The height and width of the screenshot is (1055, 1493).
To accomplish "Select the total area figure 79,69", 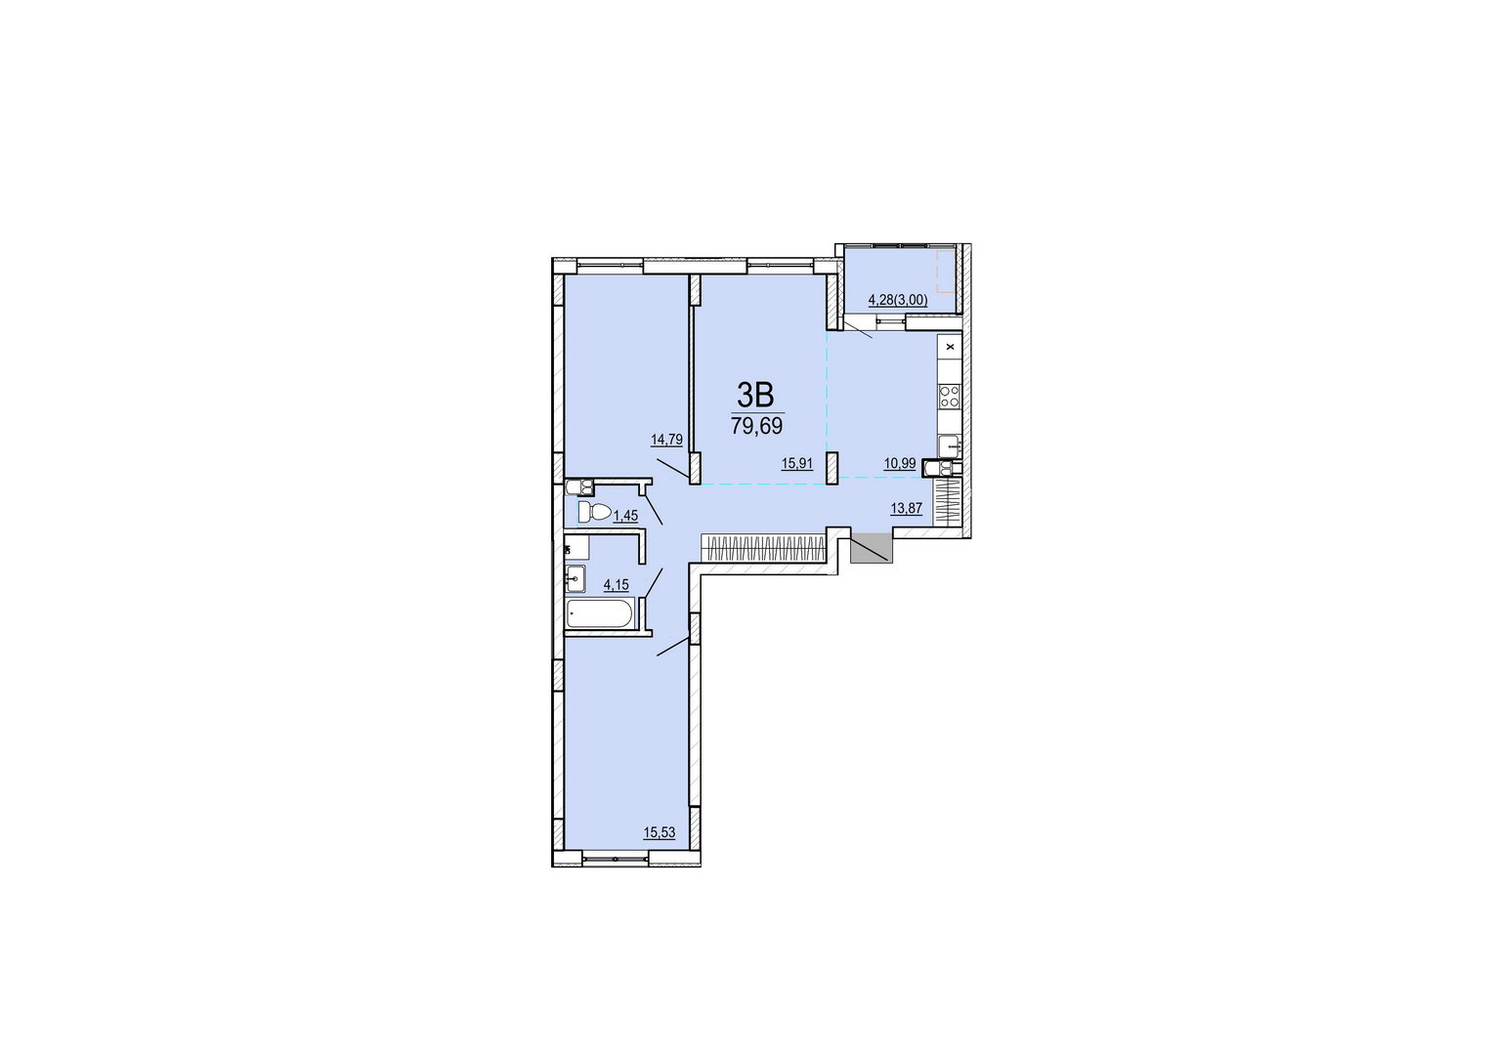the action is pos(756,425).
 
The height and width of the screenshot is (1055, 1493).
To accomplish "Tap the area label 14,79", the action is pos(667,440).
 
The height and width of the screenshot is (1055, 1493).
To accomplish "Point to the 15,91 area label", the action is pos(797,464).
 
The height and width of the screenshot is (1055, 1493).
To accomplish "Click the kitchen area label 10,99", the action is pos(900,464).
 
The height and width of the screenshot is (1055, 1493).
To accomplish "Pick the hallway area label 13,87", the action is pos(907,508).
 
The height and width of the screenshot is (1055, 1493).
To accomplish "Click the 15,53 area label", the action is pos(660,832).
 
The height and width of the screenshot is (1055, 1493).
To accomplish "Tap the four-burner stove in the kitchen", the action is pos(949,398).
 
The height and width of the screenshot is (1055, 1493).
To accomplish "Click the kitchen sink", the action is pos(949,445).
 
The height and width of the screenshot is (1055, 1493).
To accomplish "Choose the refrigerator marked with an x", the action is pos(950,347).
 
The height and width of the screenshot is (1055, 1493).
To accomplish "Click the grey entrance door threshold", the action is pos(872,548).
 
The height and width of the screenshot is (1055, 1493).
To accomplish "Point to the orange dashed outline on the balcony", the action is pos(947,272).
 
